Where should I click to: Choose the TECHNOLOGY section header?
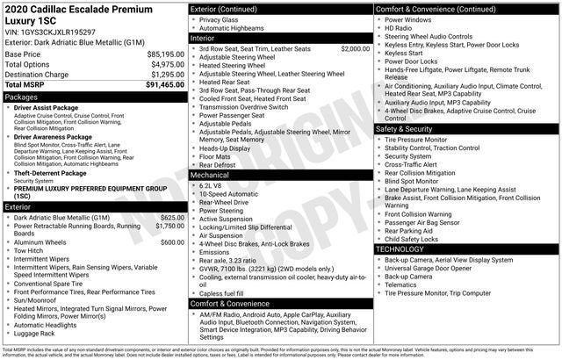click(407, 249)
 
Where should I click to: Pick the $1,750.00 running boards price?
click(169, 227)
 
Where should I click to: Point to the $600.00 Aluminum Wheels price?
click(172, 242)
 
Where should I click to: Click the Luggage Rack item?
click(35, 334)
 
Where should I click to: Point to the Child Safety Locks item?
click(420, 238)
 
